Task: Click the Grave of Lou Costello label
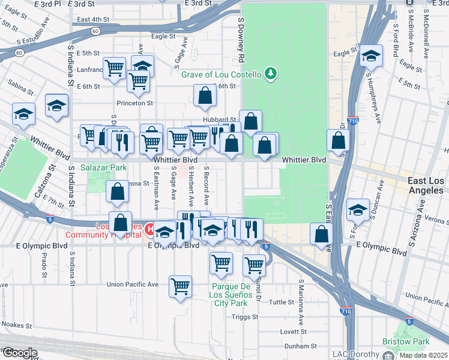(221, 74)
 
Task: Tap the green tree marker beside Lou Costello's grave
(272, 73)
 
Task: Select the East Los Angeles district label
(416, 185)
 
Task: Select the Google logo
(20, 352)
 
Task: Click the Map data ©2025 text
(423, 355)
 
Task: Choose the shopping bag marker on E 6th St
(205, 94)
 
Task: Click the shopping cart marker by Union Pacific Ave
(180, 286)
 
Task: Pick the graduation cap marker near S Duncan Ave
(358, 210)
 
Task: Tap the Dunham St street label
(300, 346)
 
